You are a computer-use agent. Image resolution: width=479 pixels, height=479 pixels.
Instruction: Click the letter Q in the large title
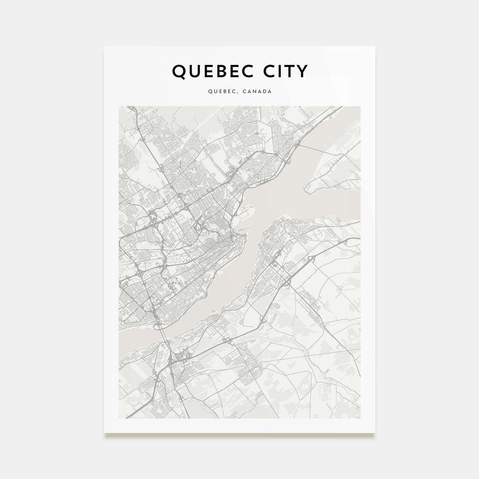tap(179, 71)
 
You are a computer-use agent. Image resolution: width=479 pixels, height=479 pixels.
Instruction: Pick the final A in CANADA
tap(270, 92)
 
